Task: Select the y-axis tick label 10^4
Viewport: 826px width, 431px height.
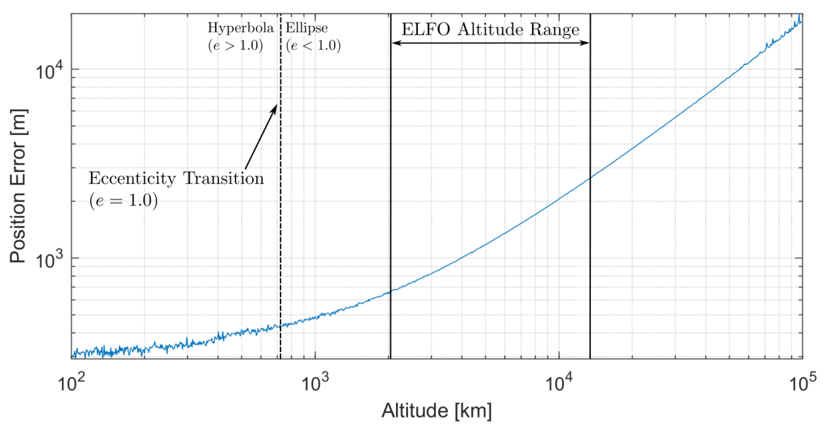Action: click(50, 71)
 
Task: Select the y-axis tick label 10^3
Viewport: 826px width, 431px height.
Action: click(50, 260)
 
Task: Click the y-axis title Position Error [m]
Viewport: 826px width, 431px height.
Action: click(18, 186)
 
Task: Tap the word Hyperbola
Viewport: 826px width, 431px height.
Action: click(241, 28)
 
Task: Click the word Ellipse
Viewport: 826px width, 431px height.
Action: click(306, 28)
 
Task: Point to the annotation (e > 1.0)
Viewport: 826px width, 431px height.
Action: click(236, 45)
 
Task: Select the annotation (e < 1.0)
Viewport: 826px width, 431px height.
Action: click(313, 45)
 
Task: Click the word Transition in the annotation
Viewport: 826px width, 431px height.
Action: click(224, 178)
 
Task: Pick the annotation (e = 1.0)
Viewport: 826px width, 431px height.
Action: click(124, 200)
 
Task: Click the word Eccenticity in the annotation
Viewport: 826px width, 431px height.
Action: click(132, 178)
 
